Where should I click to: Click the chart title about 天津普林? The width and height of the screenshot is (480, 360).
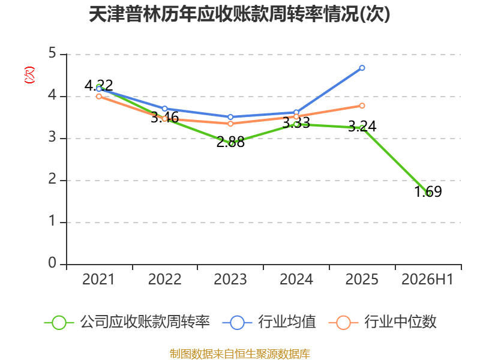(239, 14)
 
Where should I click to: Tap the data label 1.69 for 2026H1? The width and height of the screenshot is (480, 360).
(428, 191)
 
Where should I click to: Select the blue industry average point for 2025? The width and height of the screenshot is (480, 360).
(362, 68)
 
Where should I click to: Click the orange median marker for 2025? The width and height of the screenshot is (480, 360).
(362, 106)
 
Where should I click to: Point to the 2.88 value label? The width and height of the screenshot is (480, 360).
(230, 142)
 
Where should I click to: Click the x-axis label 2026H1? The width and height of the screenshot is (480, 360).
(427, 279)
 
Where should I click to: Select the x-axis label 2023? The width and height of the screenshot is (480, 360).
(230, 279)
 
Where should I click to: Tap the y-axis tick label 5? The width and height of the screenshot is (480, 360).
(52, 53)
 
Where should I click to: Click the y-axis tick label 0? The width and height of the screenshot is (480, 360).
(52, 263)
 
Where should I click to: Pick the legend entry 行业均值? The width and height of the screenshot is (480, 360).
(269, 322)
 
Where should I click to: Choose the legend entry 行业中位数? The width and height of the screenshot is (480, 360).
(382, 322)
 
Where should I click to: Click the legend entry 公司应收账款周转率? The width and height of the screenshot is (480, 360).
(127, 322)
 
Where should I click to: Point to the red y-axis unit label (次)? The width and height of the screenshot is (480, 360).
(29, 75)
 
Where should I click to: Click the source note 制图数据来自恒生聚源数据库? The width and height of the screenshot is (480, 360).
(240, 354)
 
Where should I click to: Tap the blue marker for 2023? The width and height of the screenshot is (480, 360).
(230, 117)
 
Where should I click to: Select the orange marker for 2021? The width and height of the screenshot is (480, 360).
(99, 97)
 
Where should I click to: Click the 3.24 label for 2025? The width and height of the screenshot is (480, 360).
(362, 126)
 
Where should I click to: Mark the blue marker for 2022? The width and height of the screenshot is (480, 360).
(164, 109)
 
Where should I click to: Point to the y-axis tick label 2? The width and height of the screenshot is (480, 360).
(52, 179)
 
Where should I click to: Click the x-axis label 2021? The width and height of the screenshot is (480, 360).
(98, 279)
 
